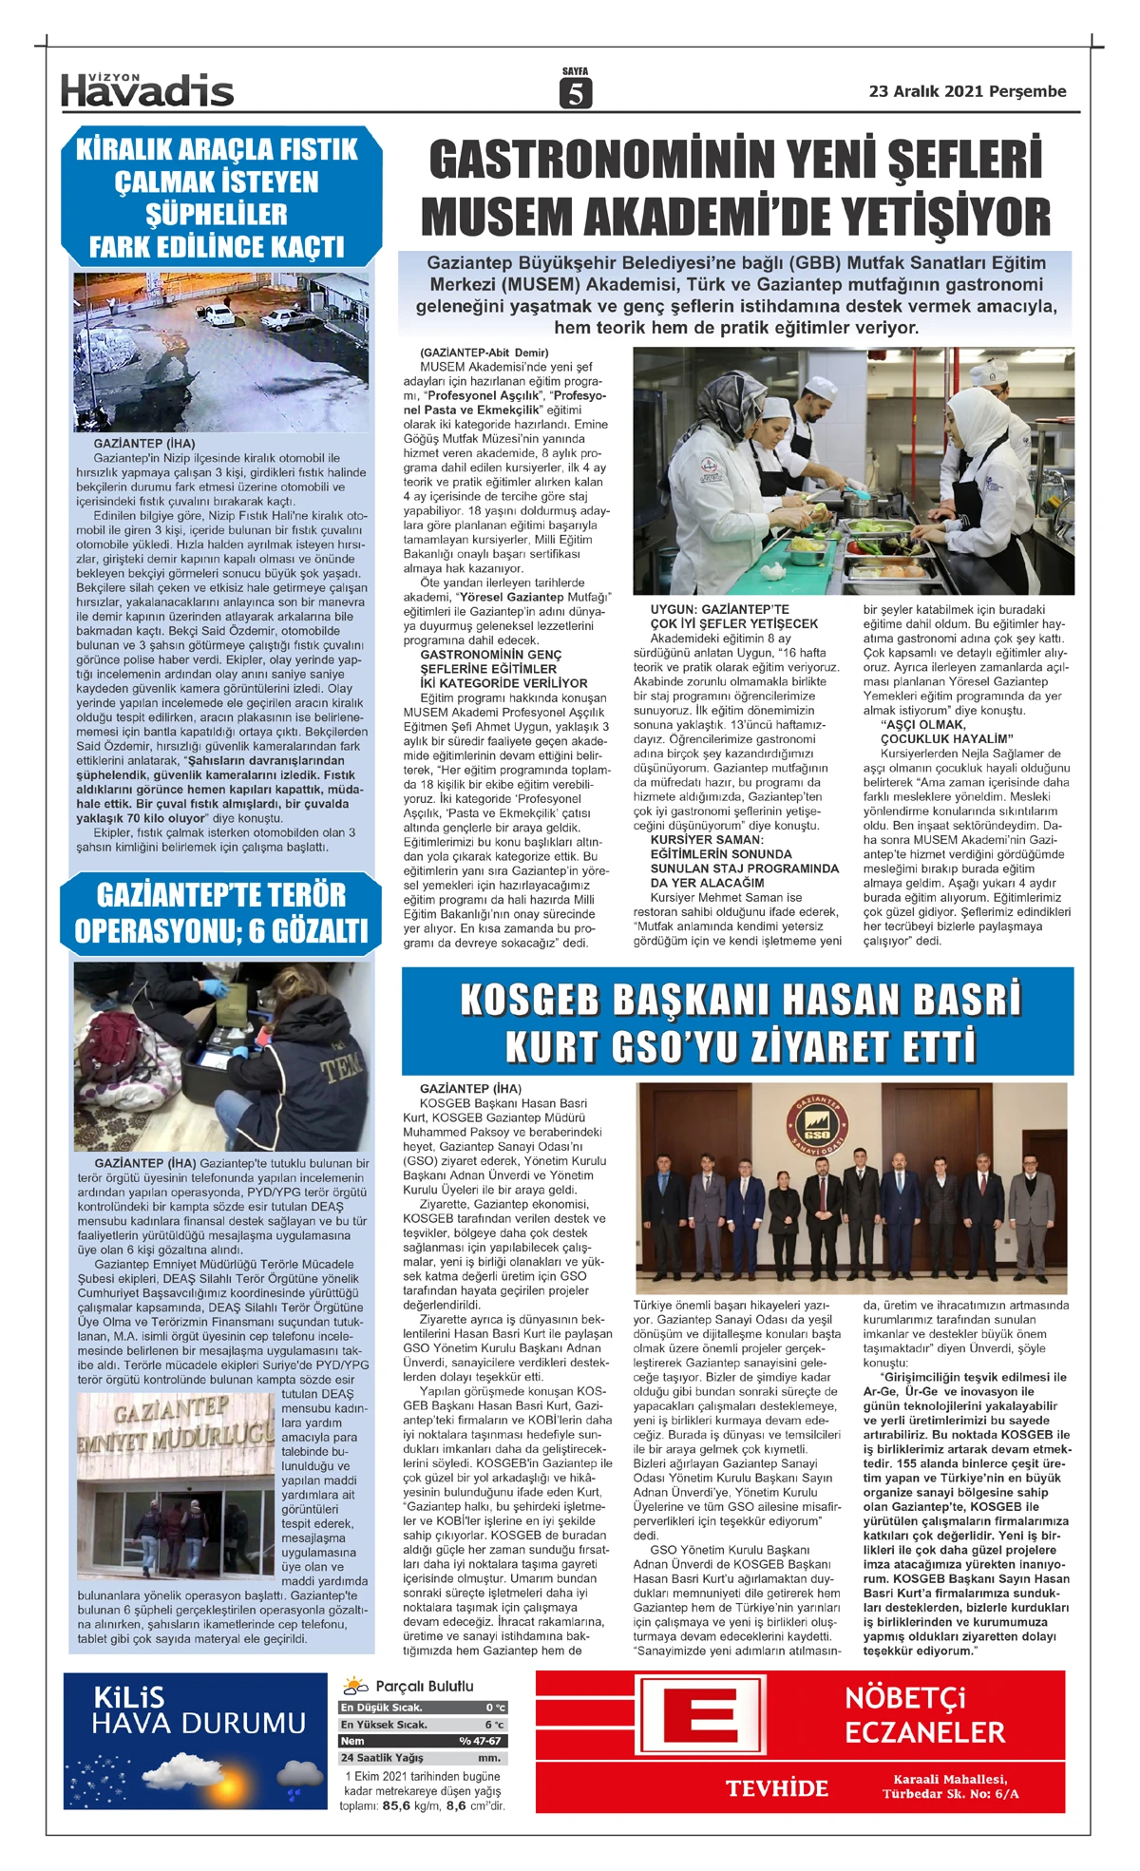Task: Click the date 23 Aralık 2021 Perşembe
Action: pos(967,91)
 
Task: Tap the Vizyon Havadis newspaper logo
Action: pos(147,90)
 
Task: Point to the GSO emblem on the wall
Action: pos(817,1125)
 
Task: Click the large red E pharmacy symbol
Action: pos(702,1719)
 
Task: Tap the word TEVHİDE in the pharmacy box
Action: pos(777,1788)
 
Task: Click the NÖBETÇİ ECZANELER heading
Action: pos(923,1714)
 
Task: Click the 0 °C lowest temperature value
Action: pos(495,1708)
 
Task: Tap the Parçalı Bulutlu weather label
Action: pos(424,1687)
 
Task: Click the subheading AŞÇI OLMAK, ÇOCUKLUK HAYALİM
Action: pos(933,732)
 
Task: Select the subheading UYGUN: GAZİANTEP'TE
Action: pos(719,609)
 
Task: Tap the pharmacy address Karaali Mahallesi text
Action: pos(950,1780)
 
